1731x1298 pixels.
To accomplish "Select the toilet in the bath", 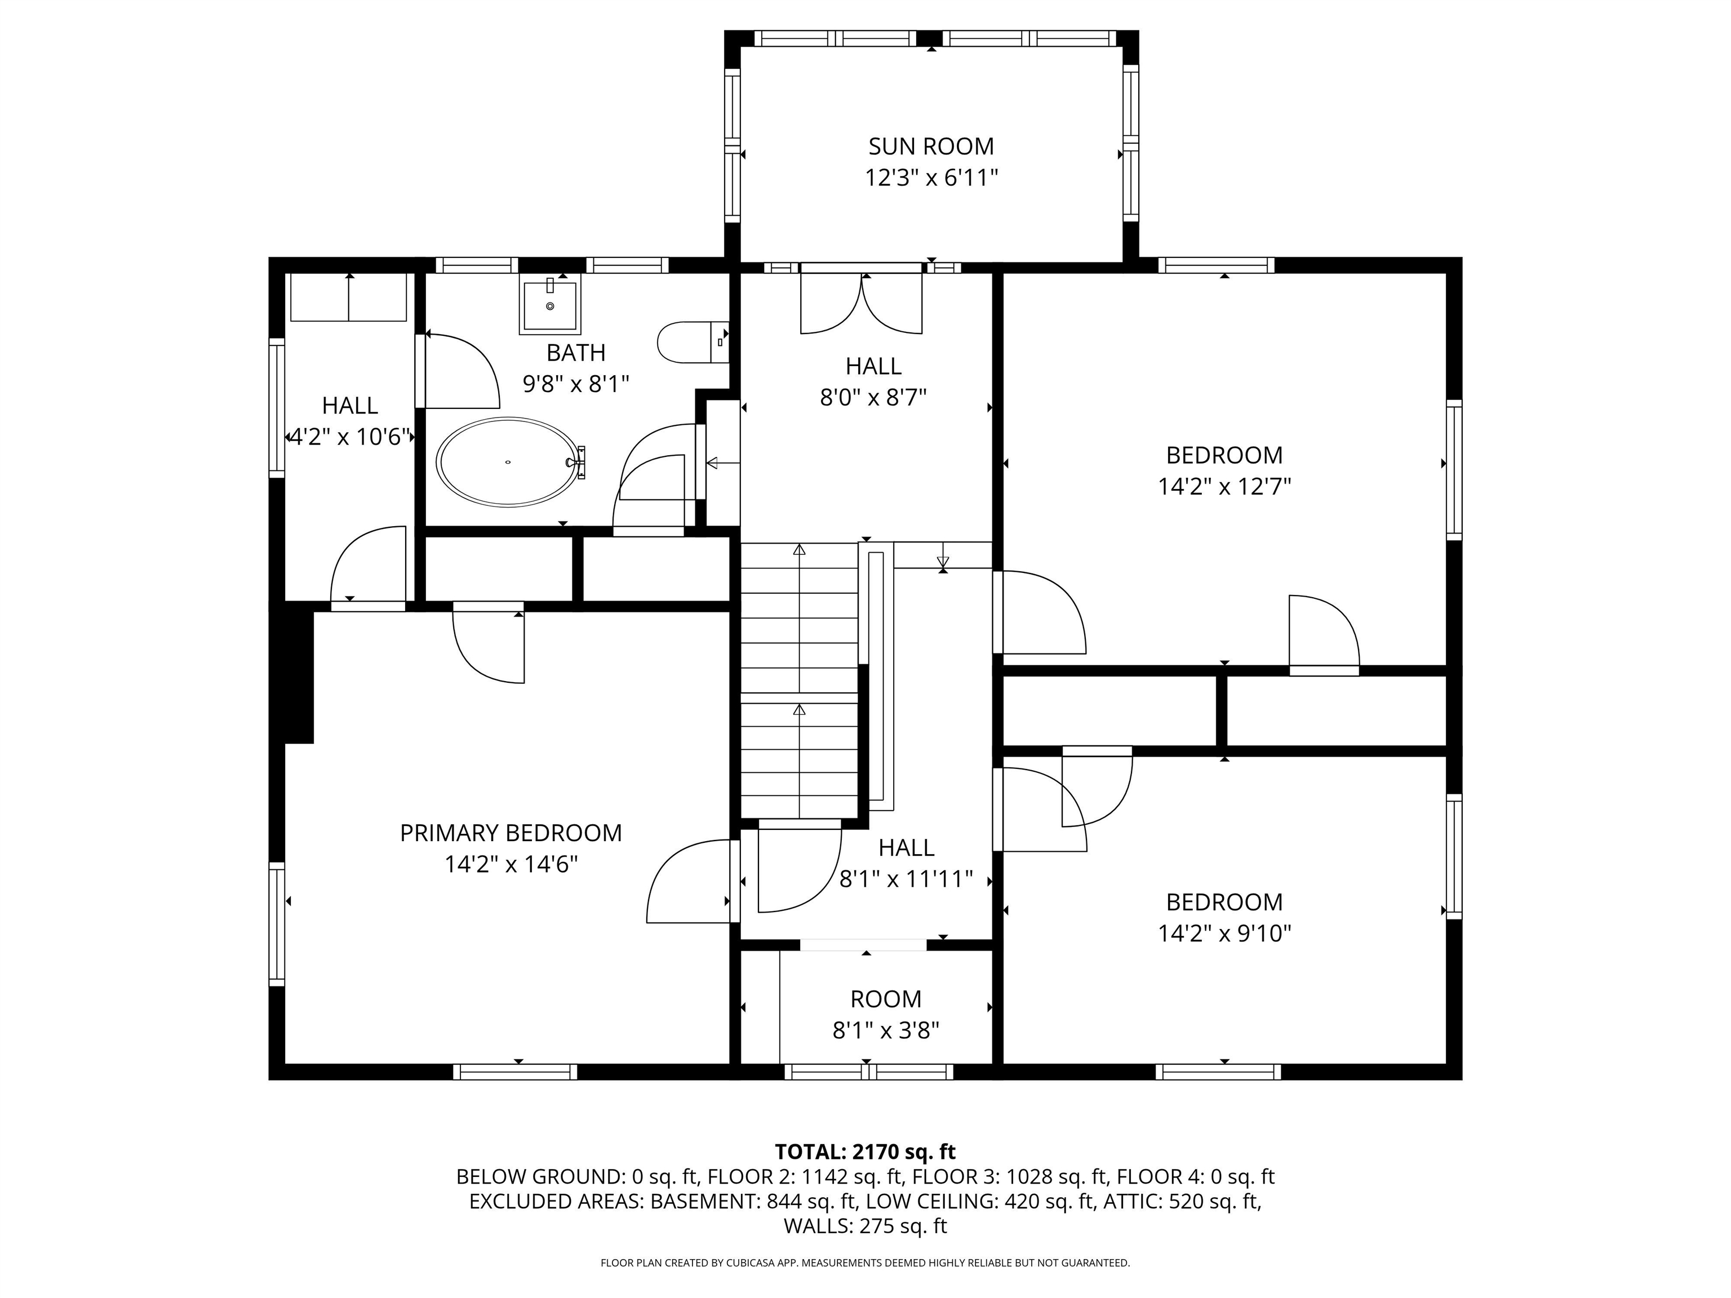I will click(x=689, y=343).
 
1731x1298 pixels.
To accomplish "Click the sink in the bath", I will click(x=550, y=305).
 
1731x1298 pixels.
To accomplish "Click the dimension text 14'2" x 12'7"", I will click(x=1224, y=487).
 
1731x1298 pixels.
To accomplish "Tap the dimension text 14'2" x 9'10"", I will click(x=1224, y=934).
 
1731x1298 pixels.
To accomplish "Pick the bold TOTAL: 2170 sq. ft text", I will click(x=865, y=1152).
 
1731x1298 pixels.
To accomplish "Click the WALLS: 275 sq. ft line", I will click(x=865, y=1226).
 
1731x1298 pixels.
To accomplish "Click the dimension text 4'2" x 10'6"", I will click(x=350, y=437).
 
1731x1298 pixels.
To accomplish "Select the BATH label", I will click(x=575, y=353).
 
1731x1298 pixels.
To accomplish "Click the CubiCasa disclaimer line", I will click(x=865, y=1263).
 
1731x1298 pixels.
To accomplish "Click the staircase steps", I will click(x=799, y=681).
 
